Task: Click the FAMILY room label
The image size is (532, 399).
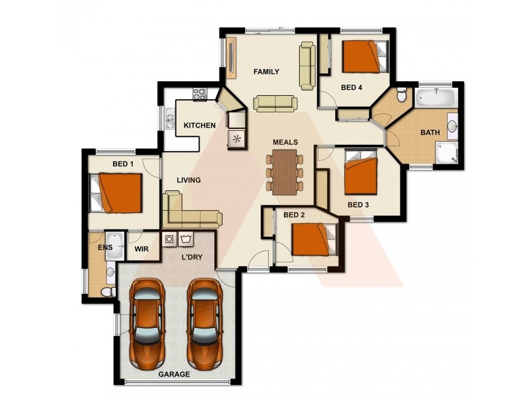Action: pos(266,72)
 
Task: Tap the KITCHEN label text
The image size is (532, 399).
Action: pos(199,125)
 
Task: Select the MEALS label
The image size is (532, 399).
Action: pos(285,142)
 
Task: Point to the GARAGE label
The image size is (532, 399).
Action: pos(174,374)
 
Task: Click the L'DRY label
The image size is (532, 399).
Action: pos(192,256)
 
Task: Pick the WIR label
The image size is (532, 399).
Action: pos(141,249)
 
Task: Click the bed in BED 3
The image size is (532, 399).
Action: pos(360,175)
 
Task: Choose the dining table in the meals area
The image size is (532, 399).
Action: pos(284,172)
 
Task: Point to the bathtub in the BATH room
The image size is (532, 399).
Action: pos(436,98)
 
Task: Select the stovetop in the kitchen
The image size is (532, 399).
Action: pos(200,94)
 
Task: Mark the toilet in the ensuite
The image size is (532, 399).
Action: pos(106,291)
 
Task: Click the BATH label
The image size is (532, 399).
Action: pos(430,132)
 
